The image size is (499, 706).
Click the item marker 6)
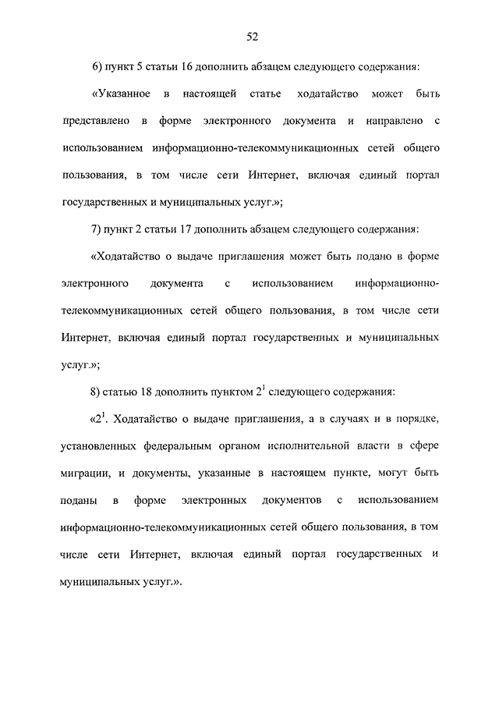98,67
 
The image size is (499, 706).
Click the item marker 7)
98,230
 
